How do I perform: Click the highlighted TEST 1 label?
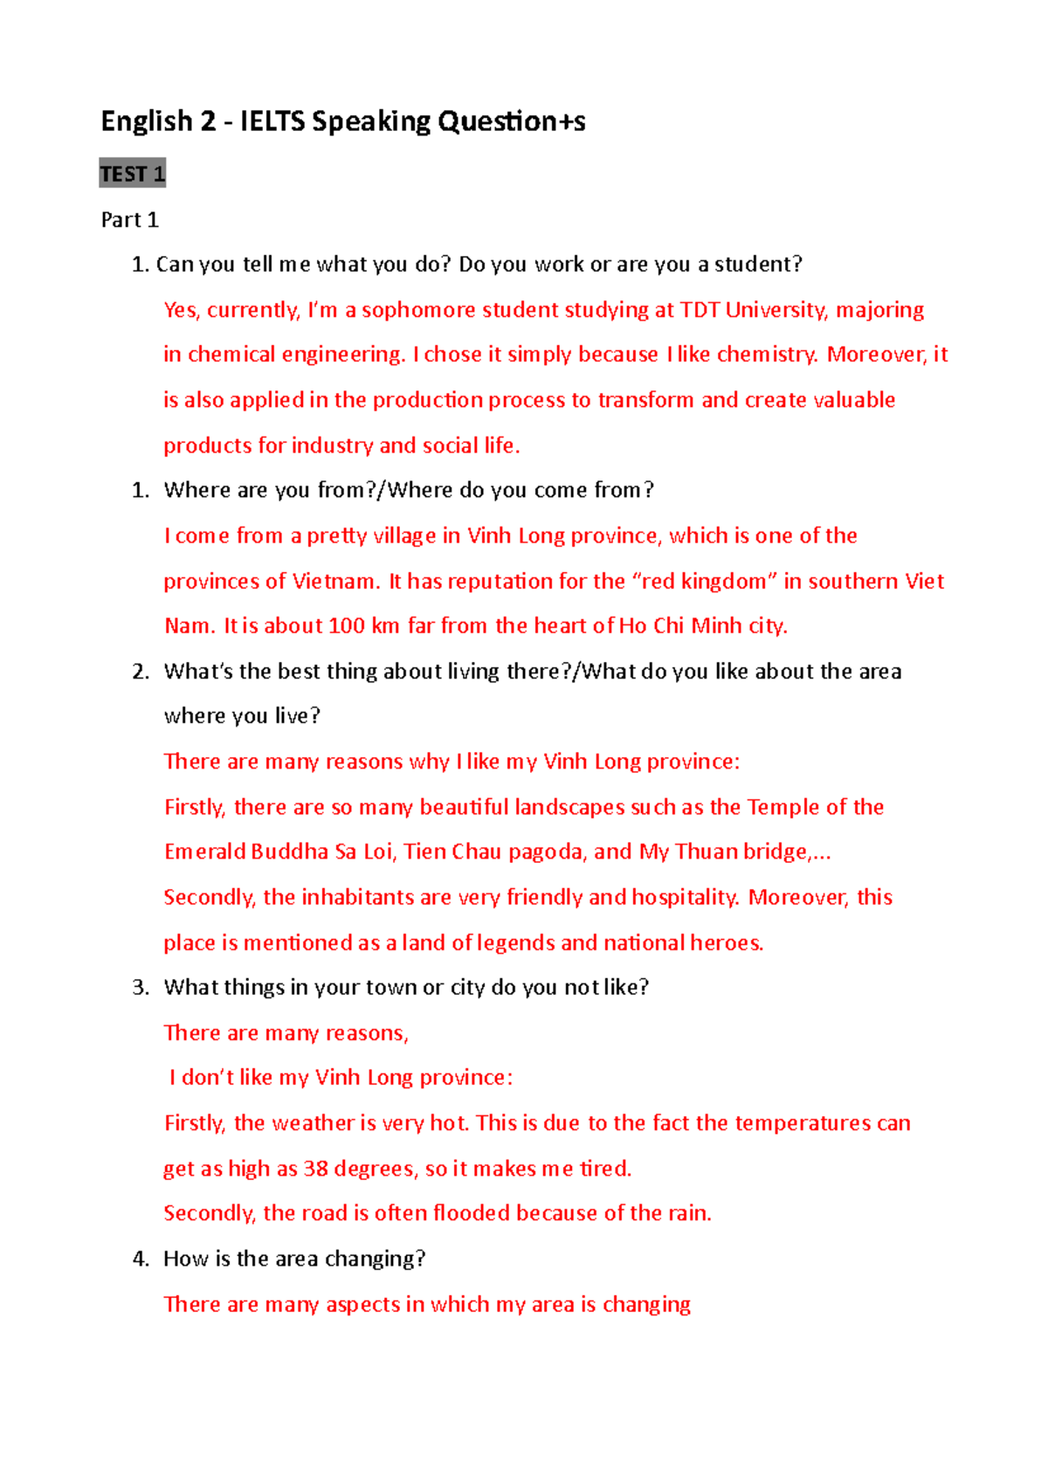pos(132,174)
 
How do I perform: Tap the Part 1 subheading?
pos(129,219)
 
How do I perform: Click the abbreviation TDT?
pos(700,310)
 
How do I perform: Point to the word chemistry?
pos(766,355)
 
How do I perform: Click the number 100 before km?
pos(346,626)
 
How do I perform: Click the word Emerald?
pos(204,852)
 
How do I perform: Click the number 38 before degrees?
pos(315,1169)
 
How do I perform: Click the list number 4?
pos(140,1259)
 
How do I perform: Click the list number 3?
pos(140,988)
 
